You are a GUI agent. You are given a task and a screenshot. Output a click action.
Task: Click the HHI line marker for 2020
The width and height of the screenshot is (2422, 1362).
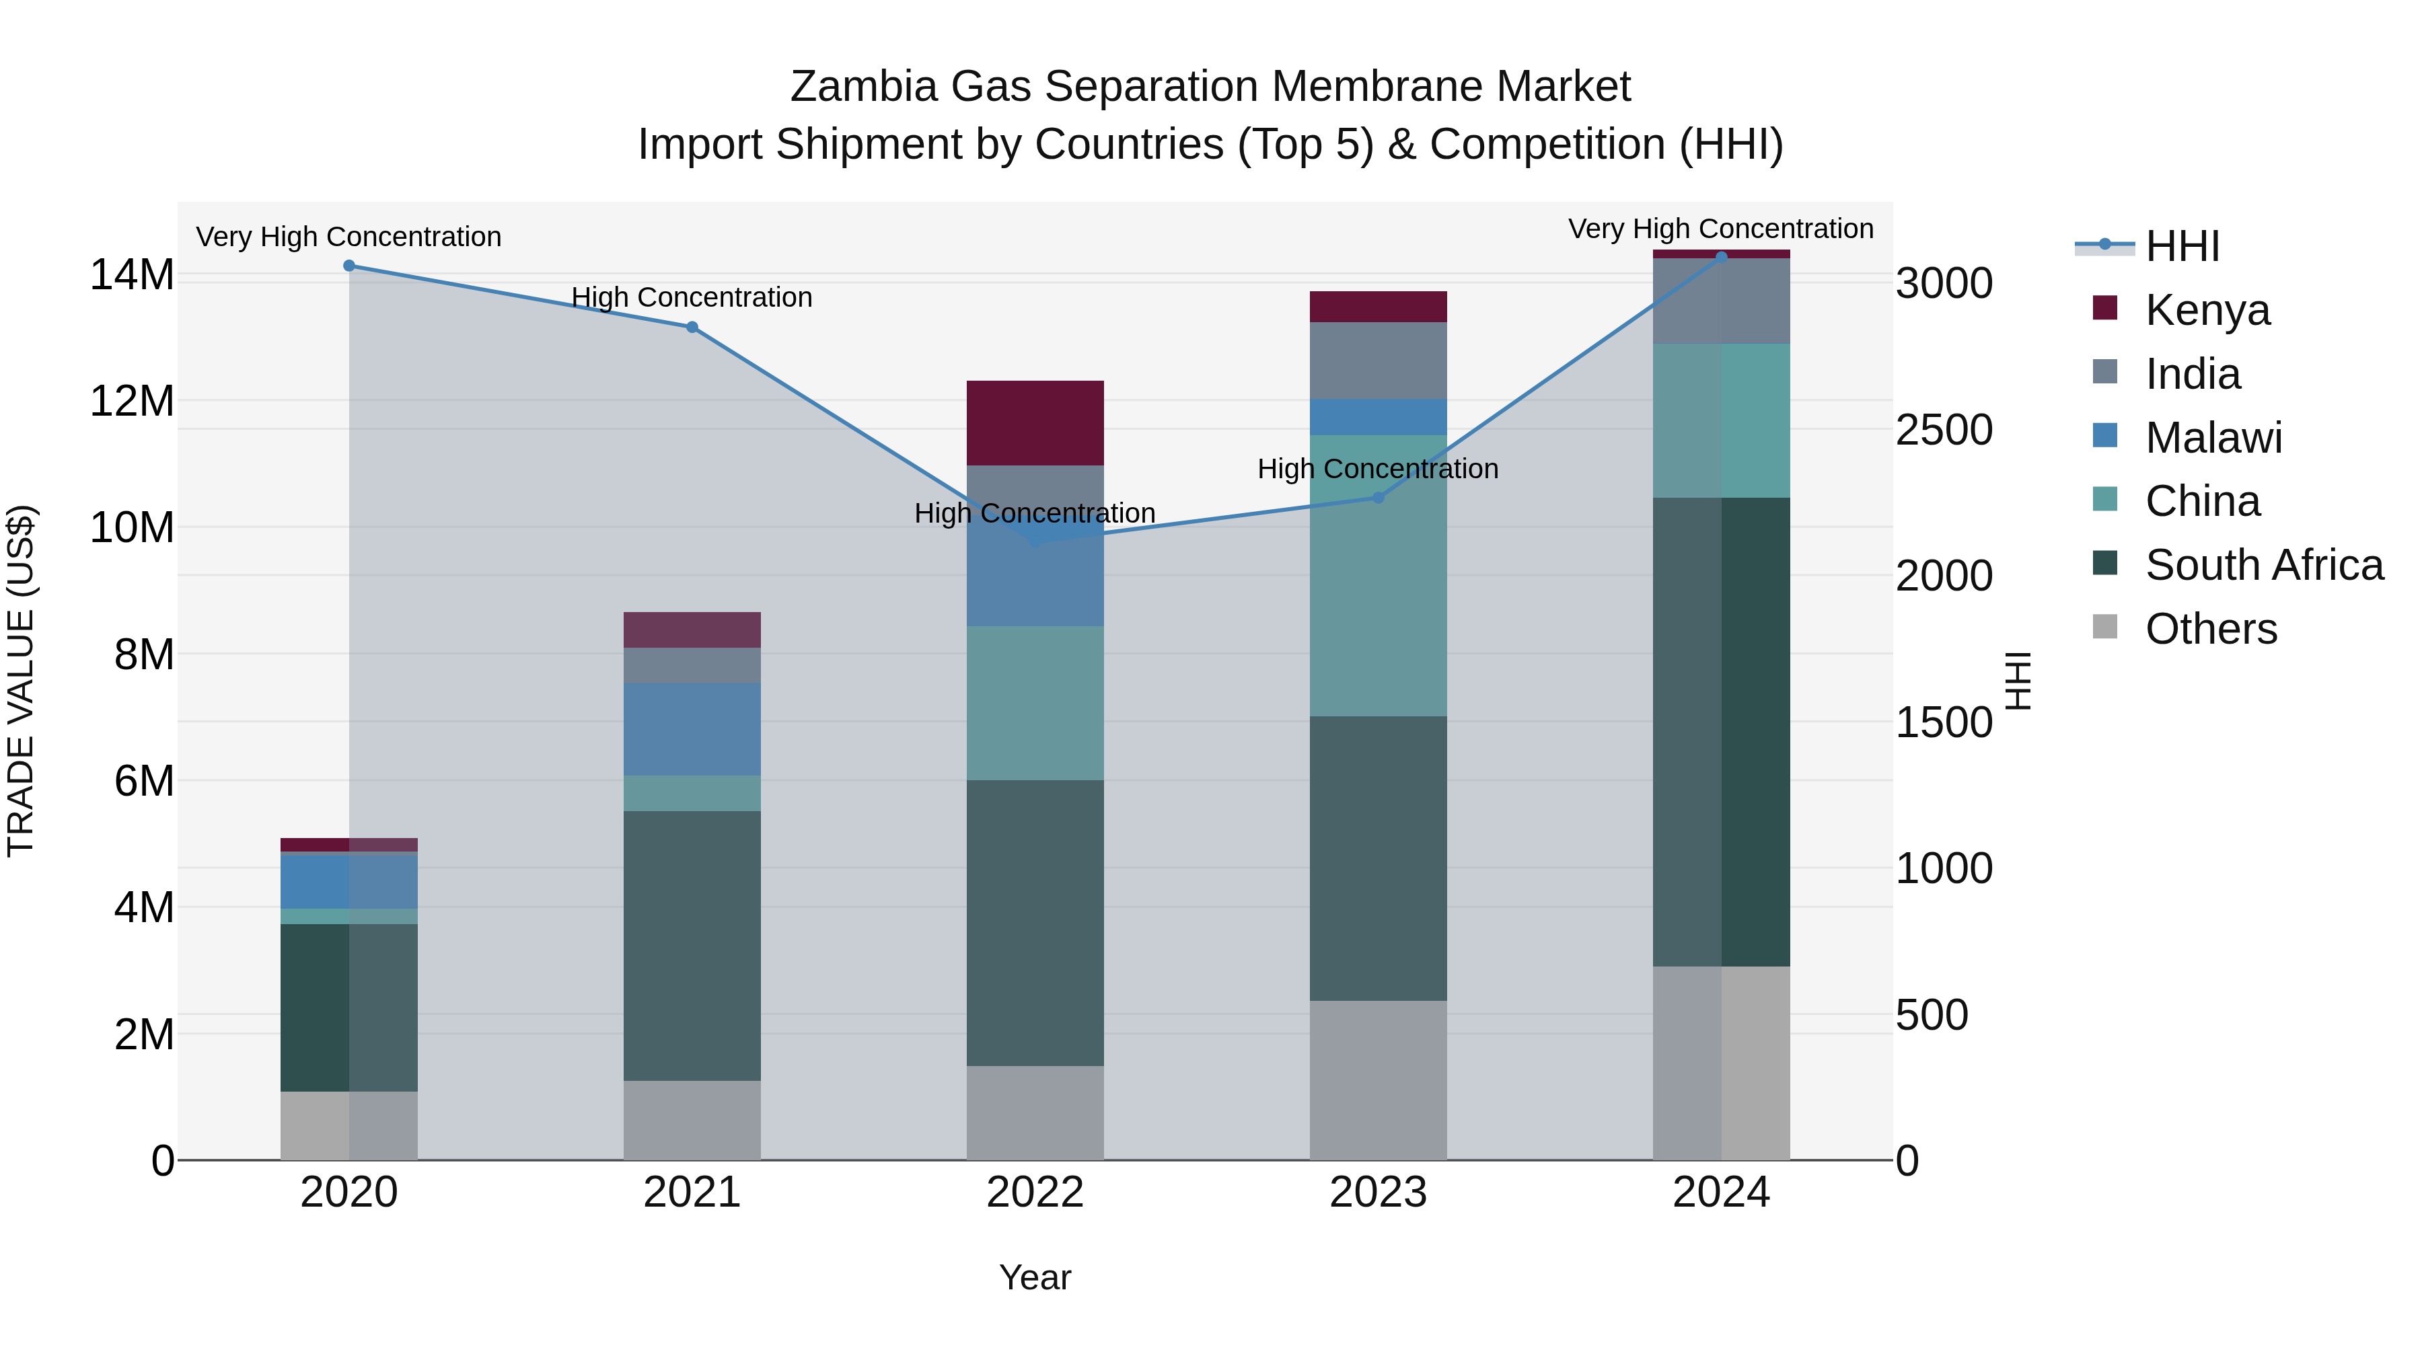click(x=348, y=266)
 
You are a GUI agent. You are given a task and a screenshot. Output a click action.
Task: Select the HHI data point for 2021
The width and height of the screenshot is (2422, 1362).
click(x=692, y=327)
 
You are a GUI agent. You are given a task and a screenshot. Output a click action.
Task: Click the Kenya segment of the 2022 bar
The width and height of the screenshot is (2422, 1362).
click(x=1035, y=423)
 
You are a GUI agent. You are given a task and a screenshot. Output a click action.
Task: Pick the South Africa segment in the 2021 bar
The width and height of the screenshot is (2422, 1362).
click(x=692, y=945)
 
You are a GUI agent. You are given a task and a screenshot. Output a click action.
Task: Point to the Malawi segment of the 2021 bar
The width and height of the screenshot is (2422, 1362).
click(x=692, y=728)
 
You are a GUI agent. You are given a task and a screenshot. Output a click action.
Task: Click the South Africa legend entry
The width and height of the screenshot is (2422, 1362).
click(x=2263, y=565)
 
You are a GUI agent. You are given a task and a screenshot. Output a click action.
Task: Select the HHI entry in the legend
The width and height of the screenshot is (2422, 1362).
click(x=2181, y=246)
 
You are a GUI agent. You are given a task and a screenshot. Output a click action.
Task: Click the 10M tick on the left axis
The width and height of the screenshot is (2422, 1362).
click(x=132, y=527)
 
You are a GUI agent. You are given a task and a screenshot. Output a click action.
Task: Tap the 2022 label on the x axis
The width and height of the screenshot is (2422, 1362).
click(x=1035, y=1193)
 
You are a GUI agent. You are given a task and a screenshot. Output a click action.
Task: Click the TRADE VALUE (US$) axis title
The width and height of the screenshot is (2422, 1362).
click(x=21, y=681)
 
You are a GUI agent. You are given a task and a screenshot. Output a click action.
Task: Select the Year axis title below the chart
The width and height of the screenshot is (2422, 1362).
click(x=1035, y=1277)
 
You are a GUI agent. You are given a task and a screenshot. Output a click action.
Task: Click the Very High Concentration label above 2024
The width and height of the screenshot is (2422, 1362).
click(x=1720, y=229)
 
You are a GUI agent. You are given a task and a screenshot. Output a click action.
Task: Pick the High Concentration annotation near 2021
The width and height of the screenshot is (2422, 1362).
click(x=692, y=297)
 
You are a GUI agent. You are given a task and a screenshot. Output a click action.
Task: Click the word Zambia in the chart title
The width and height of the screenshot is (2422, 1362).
click(x=863, y=87)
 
